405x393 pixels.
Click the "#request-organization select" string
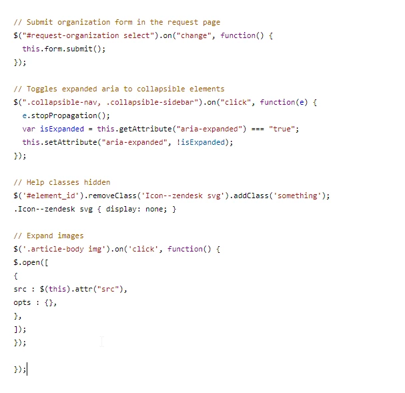pos(88,35)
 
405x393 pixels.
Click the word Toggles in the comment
pos(42,89)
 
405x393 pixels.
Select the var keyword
pos(29,129)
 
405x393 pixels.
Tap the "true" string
pos(282,129)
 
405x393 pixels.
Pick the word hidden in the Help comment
pos(97,183)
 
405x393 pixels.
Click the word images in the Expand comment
pos(71,236)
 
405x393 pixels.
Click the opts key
pos(22,303)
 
